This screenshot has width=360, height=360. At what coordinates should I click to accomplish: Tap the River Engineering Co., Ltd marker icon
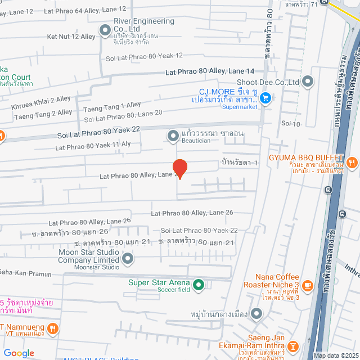point(105,30)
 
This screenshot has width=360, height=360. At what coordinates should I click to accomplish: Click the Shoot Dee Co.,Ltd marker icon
point(307,82)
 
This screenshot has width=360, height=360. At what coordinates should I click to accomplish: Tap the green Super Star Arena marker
point(198,286)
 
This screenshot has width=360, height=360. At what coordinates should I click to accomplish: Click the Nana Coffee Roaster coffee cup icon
point(307,286)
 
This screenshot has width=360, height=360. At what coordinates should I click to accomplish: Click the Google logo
point(19,353)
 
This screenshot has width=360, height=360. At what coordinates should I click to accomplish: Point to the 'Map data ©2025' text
point(336,355)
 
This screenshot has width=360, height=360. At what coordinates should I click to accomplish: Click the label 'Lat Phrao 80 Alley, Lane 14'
point(209,71)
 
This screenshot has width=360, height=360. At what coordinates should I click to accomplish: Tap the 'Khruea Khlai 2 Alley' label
point(40,102)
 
